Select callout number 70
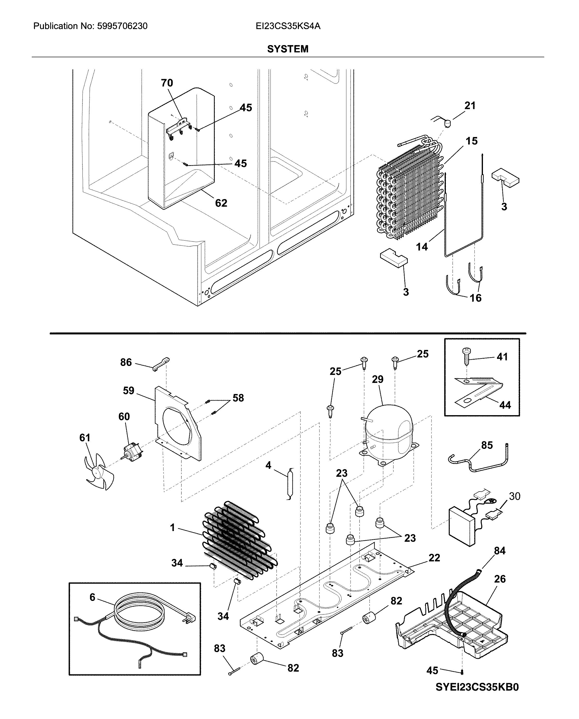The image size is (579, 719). pyautogui.click(x=167, y=83)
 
